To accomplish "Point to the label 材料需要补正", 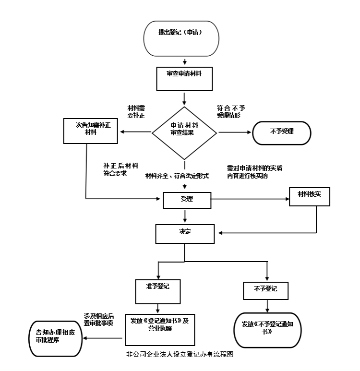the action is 136,112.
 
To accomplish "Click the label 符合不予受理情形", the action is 231,112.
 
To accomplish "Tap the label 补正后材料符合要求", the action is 120,169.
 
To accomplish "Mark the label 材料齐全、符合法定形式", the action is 177,176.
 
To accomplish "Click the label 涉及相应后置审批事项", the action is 99,320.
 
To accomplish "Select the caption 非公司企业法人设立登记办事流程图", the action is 180,354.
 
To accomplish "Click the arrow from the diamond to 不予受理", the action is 235,132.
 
